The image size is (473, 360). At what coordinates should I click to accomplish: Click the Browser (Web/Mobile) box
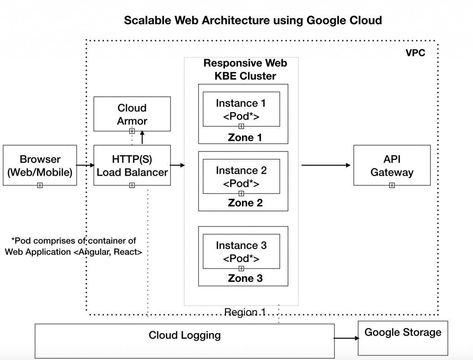point(40,165)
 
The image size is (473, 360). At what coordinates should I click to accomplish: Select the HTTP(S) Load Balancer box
point(132,165)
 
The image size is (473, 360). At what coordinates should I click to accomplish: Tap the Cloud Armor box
point(132,114)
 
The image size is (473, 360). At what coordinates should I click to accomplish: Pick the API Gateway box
point(392,165)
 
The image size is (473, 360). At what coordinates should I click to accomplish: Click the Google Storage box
point(403,338)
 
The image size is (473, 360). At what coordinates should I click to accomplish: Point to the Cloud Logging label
point(184,335)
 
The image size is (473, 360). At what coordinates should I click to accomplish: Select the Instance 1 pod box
point(241,110)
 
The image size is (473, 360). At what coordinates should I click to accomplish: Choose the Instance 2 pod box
point(241,177)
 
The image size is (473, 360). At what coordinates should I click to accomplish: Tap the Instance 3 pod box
point(241,252)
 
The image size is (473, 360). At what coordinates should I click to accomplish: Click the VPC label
point(415,53)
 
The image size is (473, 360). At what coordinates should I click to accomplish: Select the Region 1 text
point(244,312)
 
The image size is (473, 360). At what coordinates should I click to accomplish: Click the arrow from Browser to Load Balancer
point(85,165)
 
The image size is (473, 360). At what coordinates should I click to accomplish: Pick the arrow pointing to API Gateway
point(326,165)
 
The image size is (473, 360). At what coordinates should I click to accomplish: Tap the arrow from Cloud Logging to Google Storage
point(346,338)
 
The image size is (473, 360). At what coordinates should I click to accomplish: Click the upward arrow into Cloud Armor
point(142,138)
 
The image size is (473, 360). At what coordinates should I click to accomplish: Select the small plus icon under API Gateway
point(392,185)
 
